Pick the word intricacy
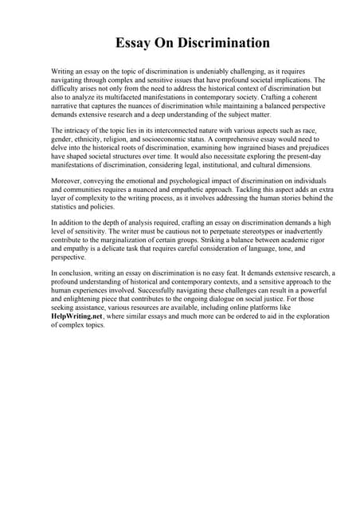[82, 130]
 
